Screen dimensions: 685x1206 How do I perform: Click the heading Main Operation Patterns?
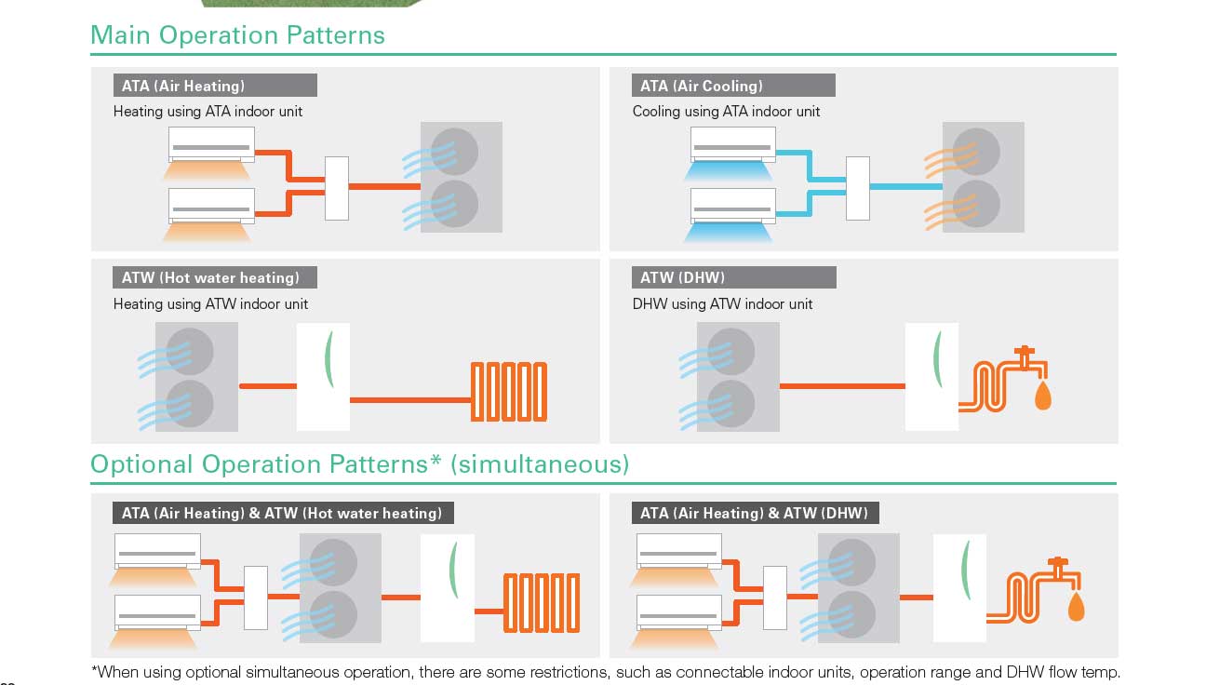pyautogui.click(x=237, y=35)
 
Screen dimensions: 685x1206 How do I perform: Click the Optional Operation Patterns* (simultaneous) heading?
pyautogui.click(x=359, y=463)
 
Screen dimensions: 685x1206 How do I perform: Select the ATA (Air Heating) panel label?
pyautogui.click(x=183, y=86)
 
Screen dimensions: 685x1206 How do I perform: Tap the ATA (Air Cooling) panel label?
pyautogui.click(x=702, y=86)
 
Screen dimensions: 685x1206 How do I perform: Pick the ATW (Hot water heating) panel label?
pyautogui.click(x=210, y=277)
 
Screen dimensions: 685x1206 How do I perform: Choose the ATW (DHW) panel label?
pyautogui.click(x=683, y=277)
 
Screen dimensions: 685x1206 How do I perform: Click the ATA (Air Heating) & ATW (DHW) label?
pyautogui.click(x=754, y=513)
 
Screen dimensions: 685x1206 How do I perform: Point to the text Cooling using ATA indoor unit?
pyautogui.click(x=726, y=112)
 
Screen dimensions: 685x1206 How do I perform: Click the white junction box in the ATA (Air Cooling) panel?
pyautogui.click(x=857, y=188)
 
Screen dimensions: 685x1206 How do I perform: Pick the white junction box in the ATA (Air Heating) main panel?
pyautogui.click(x=337, y=188)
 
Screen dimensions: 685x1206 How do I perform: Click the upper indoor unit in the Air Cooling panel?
pyautogui.click(x=733, y=145)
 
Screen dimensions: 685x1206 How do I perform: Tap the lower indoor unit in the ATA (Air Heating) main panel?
pyautogui.click(x=211, y=206)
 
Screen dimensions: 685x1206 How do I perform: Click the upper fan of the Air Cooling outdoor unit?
pyautogui.click(x=975, y=149)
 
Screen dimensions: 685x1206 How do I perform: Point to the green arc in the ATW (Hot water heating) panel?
pyautogui.click(x=327, y=360)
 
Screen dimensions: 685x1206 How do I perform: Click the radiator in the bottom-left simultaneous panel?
pyautogui.click(x=542, y=603)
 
